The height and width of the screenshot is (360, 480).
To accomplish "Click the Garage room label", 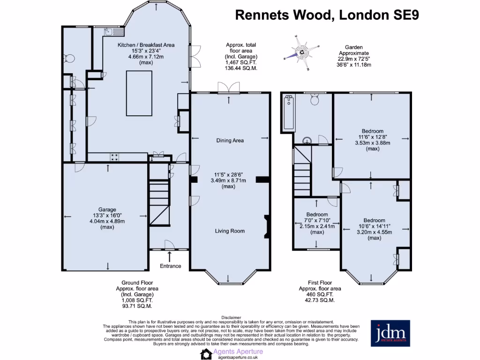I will pyautogui.click(x=107, y=210).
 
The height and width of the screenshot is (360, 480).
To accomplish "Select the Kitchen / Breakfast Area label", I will pyautogui.click(x=146, y=45).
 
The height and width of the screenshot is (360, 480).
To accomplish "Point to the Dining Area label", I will pyautogui.click(x=230, y=140).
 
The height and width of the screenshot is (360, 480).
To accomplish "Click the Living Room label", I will pyautogui.click(x=230, y=231).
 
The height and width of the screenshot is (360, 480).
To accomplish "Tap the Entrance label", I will pyautogui.click(x=170, y=266).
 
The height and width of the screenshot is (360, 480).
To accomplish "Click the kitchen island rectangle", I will pyautogui.click(x=139, y=93).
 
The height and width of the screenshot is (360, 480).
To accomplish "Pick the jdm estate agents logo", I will pyautogui.click(x=390, y=333).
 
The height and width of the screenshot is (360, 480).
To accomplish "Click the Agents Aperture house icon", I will pyautogui.click(x=206, y=354).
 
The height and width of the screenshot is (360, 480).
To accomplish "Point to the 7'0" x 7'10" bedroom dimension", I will pyautogui.click(x=317, y=220).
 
